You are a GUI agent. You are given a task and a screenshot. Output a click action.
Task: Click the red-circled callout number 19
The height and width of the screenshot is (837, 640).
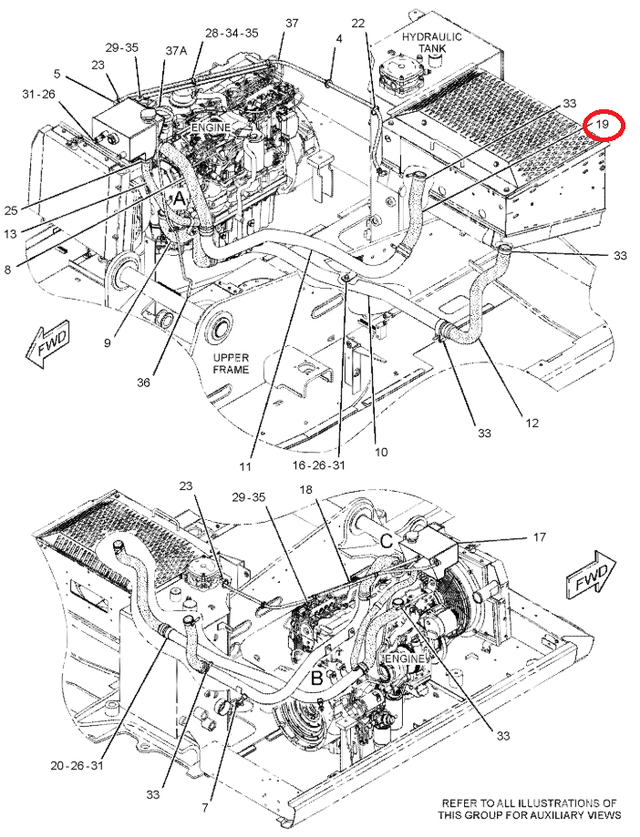coord(603,123)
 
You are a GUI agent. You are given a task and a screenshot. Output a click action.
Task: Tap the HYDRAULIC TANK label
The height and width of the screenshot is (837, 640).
coord(432,43)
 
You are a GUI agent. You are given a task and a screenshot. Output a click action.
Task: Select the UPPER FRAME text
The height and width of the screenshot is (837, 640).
coord(231,363)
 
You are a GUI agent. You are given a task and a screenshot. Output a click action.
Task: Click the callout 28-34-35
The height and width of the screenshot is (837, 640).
coord(232,33)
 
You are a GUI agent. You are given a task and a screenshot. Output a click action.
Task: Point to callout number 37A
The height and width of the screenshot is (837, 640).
coord(176,52)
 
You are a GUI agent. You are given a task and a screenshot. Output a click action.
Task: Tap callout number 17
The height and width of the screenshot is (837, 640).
coord(540,537)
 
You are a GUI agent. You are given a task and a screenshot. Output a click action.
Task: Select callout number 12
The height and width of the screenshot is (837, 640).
coord(532,423)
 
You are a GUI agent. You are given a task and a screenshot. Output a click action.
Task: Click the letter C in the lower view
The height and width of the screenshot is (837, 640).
coord(387,540)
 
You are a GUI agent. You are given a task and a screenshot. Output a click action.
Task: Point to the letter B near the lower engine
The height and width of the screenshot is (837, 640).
coord(317,677)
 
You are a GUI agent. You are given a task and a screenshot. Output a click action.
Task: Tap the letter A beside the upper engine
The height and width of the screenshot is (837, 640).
coord(180,197)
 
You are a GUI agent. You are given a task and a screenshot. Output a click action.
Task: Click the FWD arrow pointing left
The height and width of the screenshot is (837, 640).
coord(45,346)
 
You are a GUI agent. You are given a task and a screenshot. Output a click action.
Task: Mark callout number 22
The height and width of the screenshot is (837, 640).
coord(357,23)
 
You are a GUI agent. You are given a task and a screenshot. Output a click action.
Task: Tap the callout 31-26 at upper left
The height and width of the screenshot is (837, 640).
coord(38,94)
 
